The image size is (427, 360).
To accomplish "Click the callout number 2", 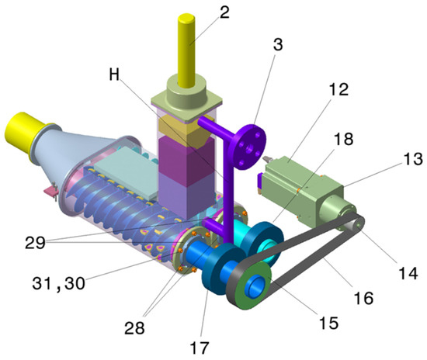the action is (x=224, y=12).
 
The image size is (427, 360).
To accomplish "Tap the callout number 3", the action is (x=278, y=44).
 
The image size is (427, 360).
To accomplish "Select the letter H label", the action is (x=114, y=74).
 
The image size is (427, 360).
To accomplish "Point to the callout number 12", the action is (x=338, y=89).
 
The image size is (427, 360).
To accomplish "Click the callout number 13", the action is (x=413, y=158).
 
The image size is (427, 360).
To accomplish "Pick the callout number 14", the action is (x=408, y=273).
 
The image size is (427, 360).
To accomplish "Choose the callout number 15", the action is (x=328, y=323).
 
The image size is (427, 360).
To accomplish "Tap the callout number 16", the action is (x=363, y=298).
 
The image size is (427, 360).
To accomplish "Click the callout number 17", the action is (x=200, y=348).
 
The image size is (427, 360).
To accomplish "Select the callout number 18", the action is (x=343, y=139).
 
